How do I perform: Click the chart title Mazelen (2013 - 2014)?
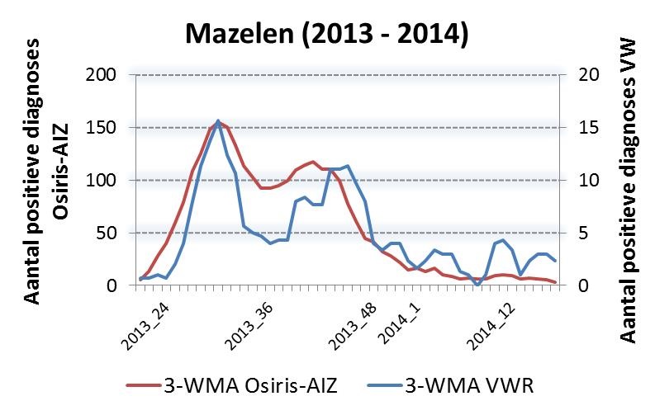click(x=327, y=35)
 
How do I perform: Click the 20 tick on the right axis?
click(x=575, y=75)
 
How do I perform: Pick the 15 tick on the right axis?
click(x=575, y=128)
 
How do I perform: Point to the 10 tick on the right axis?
click(x=575, y=181)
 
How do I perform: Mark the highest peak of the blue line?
click(x=218, y=121)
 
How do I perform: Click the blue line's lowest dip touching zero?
click(x=477, y=285)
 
